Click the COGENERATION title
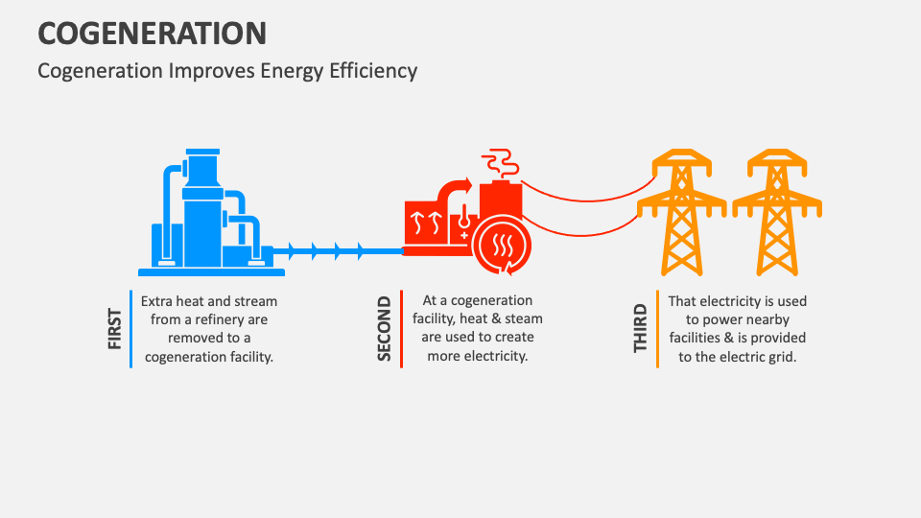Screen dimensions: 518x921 [152, 33]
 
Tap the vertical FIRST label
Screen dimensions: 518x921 [114, 329]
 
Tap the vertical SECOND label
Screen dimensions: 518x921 [385, 329]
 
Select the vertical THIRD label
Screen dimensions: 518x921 [641, 329]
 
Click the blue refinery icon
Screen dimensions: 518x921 [205, 216]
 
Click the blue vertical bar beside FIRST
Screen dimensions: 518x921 [130, 329]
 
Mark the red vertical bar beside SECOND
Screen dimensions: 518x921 [401, 329]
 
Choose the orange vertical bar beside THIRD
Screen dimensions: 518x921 [657, 329]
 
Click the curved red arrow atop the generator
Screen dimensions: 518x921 [454, 187]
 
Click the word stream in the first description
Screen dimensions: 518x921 [255, 301]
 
